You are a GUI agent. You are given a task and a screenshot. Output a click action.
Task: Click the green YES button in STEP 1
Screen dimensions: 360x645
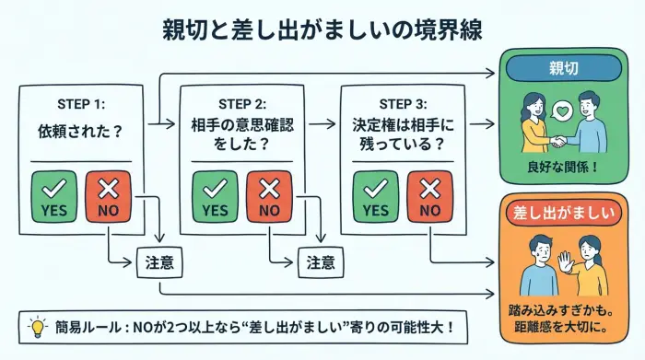(x=53, y=196)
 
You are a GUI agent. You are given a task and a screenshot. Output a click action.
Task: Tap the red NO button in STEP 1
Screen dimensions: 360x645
(x=107, y=196)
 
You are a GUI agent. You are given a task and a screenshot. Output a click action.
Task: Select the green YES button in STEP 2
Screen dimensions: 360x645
(x=215, y=196)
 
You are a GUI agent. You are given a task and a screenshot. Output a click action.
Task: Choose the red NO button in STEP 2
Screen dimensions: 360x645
(x=268, y=196)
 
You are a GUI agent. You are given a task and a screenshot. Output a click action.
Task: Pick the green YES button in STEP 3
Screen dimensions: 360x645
(x=375, y=196)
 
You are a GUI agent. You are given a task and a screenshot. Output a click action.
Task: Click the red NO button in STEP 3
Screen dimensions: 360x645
(x=428, y=196)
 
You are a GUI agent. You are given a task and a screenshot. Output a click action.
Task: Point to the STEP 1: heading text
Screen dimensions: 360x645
(x=80, y=102)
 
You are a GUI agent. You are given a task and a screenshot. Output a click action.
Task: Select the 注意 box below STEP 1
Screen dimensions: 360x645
(x=159, y=261)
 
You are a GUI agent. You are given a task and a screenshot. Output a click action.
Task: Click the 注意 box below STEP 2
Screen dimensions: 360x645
(x=320, y=261)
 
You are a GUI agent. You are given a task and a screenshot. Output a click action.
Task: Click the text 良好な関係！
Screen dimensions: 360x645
(x=563, y=168)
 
